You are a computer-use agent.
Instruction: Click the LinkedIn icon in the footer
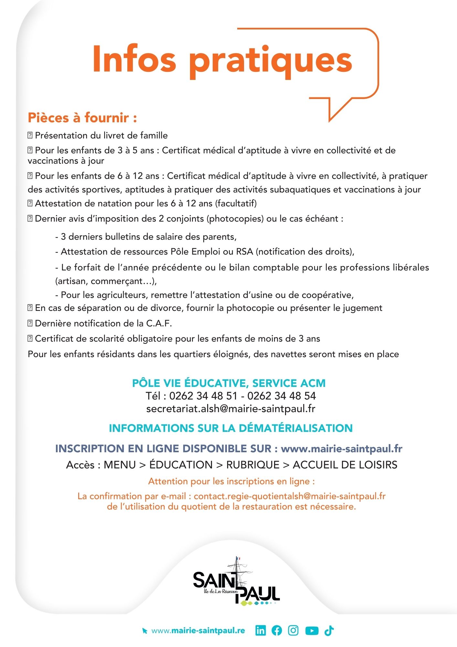[260, 630]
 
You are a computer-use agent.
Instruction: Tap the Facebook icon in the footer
[277, 630]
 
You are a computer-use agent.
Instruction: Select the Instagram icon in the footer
[293, 630]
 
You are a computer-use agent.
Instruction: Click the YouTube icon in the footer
[312, 631]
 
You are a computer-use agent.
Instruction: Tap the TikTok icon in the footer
[329, 630]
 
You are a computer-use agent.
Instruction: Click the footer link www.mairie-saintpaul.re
[198, 631]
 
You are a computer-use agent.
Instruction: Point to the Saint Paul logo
[236, 583]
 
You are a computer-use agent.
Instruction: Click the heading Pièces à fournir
[82, 118]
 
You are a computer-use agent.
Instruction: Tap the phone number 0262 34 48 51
[203, 396]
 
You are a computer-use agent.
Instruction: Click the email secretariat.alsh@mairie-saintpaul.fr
[231, 409]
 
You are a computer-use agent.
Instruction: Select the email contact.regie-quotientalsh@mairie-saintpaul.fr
[290, 496]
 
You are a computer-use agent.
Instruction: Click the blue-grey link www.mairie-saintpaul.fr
[342, 448]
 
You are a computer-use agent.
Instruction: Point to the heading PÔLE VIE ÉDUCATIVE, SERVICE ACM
[229, 383]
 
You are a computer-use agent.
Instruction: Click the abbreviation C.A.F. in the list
[159, 323]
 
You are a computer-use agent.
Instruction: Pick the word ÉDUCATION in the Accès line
[181, 465]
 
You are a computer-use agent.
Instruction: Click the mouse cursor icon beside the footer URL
[145, 631]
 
